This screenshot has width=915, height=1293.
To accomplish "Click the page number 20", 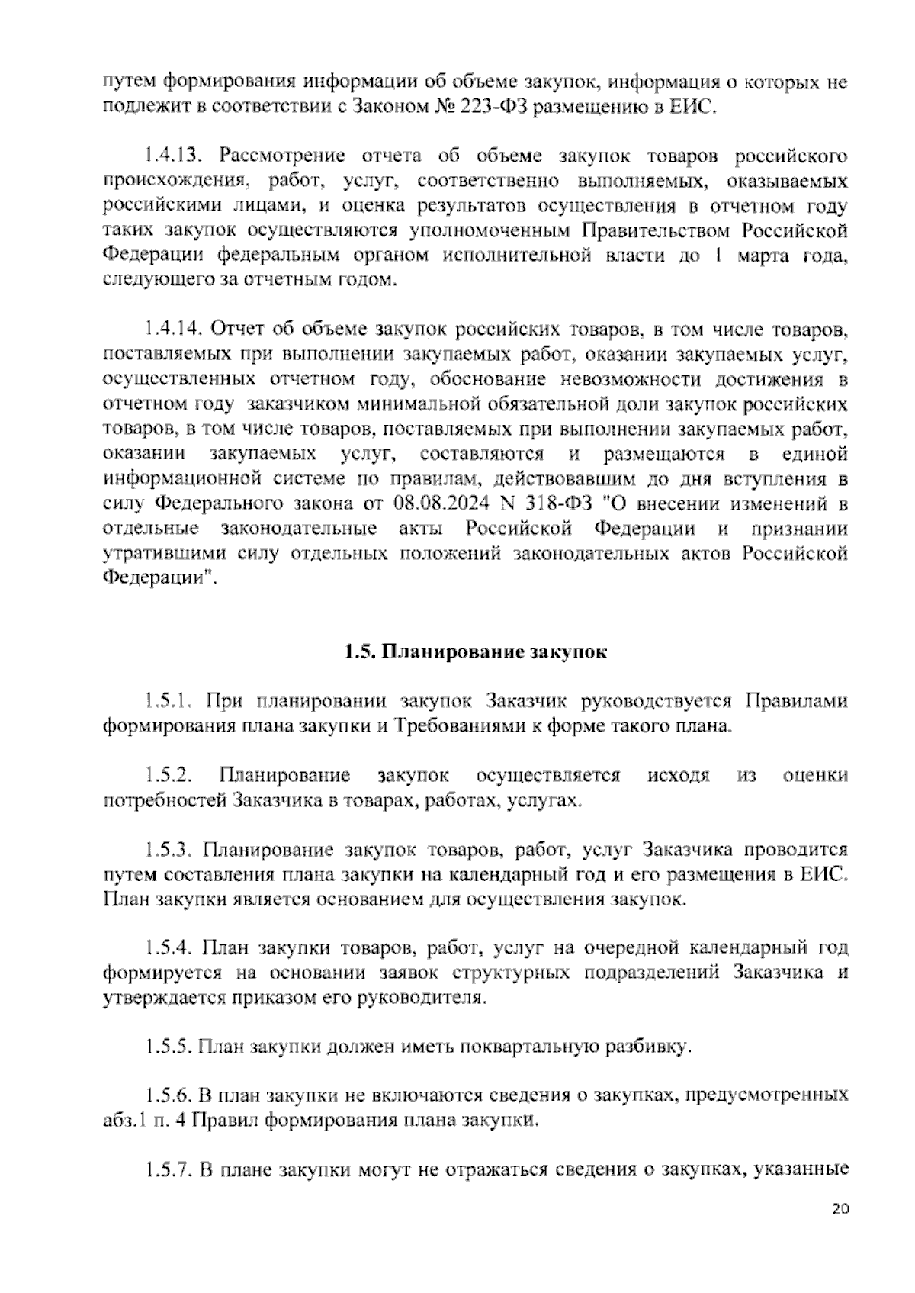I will click(x=840, y=1230).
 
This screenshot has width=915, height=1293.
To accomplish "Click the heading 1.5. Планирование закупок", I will click(x=474, y=652).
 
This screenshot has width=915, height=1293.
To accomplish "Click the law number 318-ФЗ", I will click(x=557, y=503).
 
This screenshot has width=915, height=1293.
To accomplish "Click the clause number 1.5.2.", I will click(x=169, y=776).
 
